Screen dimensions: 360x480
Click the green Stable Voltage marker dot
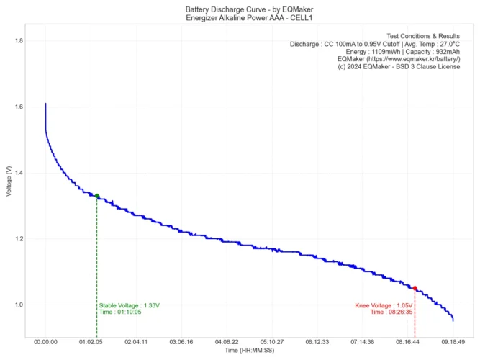(97, 196)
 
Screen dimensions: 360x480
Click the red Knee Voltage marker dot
(415, 289)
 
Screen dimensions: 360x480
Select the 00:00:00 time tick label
(45, 343)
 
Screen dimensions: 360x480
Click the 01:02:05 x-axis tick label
(91, 343)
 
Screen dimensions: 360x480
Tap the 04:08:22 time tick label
(227, 343)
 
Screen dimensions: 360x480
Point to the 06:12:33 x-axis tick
(317, 343)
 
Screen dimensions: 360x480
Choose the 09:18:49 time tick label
(453, 343)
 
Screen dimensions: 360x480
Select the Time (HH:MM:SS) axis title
(249, 351)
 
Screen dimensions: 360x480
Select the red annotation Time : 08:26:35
(391, 312)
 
